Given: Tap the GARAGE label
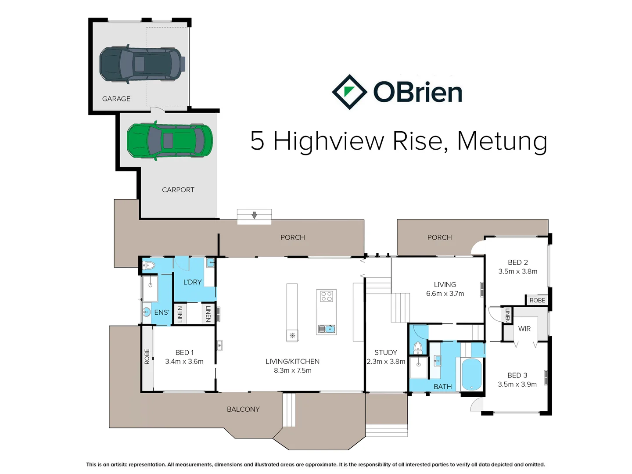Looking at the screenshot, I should (116, 99).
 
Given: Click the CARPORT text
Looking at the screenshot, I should (178, 190).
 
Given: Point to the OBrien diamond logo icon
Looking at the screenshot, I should (349, 92).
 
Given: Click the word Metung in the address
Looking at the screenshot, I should (502, 141).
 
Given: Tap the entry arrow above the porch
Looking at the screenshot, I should (254, 215).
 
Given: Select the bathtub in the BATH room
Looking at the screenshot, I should (472, 374).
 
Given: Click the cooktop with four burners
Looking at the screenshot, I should (326, 296).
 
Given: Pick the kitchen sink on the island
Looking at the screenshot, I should (327, 329).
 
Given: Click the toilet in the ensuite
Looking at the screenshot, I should (149, 265).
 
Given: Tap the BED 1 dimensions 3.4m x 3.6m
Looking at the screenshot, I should (184, 362).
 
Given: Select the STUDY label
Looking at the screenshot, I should (386, 352).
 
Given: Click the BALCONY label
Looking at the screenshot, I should (243, 409).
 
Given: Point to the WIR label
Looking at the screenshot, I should (524, 329).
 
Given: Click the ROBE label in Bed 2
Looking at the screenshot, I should (537, 300).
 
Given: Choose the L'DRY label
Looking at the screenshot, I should (192, 282).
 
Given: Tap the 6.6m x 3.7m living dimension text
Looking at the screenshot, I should (445, 294).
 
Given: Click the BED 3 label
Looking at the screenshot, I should (517, 375).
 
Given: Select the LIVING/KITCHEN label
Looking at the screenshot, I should (292, 361).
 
